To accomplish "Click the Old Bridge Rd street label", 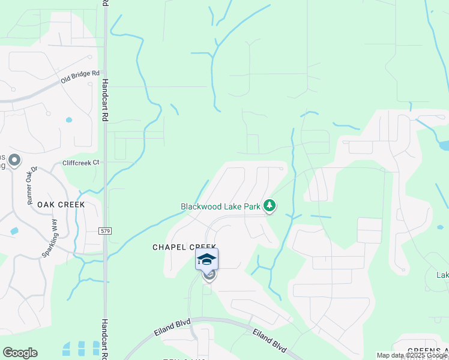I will pos(80,77).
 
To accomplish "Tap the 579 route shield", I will pos(105,231).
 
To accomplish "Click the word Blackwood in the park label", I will pos(202,206).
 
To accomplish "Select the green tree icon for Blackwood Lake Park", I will pos(270,206).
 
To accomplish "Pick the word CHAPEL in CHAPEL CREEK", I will pos(170,247).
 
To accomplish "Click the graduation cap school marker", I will pos(206,260).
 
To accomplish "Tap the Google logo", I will pos(20,353).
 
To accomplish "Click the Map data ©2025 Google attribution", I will pos(412,355).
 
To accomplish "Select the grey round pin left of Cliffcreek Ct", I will pos(15,161).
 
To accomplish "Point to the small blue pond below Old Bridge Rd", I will pos(69,120).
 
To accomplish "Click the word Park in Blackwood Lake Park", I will pos(253,206).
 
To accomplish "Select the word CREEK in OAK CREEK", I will pos(71,205).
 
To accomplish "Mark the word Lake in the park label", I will pos(234,206).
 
